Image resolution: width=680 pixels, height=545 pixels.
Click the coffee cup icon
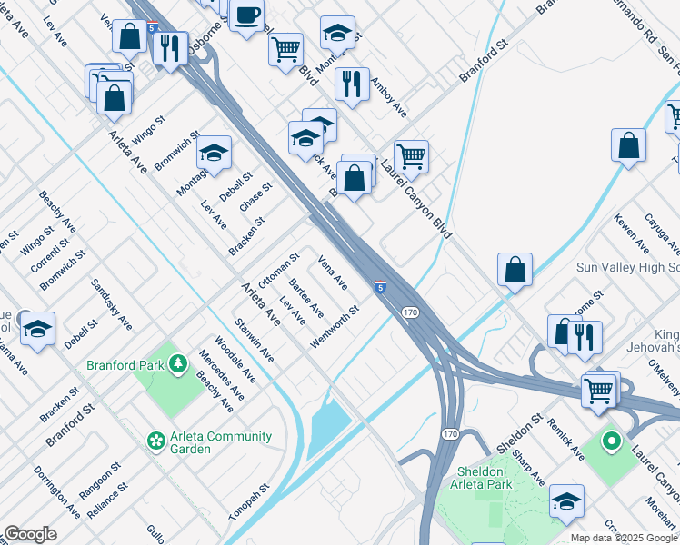[x=246, y=15]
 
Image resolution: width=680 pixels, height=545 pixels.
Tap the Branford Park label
[x=125, y=365]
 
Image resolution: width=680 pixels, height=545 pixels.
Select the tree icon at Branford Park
[x=179, y=365]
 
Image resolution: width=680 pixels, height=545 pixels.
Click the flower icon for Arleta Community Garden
[x=155, y=441]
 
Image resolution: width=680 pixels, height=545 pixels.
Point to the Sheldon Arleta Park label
[x=480, y=478]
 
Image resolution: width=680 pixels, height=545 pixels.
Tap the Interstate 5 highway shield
[x=379, y=288]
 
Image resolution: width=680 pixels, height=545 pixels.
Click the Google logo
[x=30, y=534]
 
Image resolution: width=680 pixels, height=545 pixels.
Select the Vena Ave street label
[x=332, y=272]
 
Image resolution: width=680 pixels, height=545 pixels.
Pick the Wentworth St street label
[x=335, y=325]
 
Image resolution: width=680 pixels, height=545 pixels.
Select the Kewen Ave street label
[x=630, y=233]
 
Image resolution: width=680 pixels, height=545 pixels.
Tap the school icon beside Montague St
[x=214, y=152]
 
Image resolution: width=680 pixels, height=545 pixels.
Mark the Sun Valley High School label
[x=628, y=267]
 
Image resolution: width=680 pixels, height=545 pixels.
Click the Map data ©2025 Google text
[x=624, y=538]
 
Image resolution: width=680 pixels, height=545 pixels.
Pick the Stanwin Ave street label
[x=254, y=340]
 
